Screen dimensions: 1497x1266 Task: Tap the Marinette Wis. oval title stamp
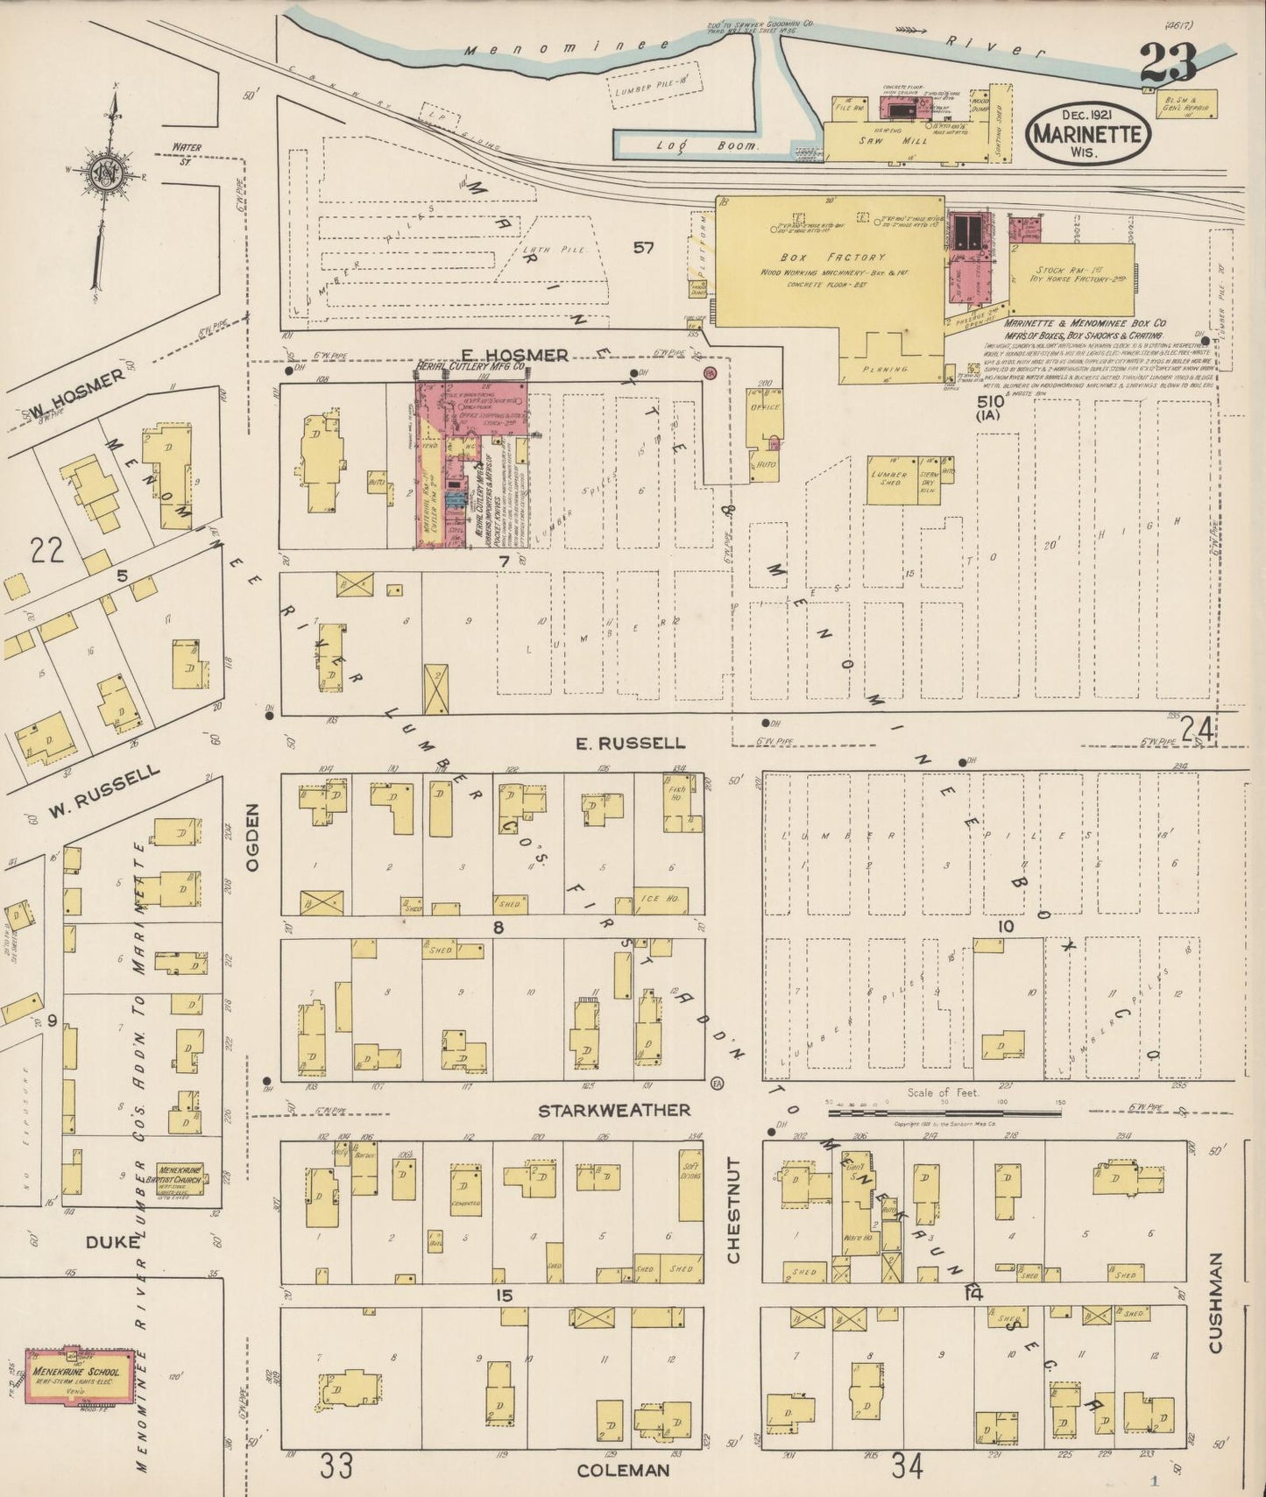pos(1087,134)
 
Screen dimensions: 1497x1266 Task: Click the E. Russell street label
pos(630,743)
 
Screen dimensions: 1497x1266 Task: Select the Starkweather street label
pos(613,1110)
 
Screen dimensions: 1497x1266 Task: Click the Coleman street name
pos(623,1471)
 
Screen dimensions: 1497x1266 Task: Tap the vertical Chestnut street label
pos(733,1210)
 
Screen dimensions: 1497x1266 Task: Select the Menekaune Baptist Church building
pos(179,1176)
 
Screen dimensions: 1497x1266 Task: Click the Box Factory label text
pos(832,258)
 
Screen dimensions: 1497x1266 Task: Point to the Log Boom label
pos(706,146)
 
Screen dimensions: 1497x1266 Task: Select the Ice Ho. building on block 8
pos(660,900)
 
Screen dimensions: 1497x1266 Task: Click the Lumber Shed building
pos(889,480)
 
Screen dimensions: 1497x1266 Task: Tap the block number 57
pos(643,248)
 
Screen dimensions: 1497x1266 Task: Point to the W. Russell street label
pos(103,792)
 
